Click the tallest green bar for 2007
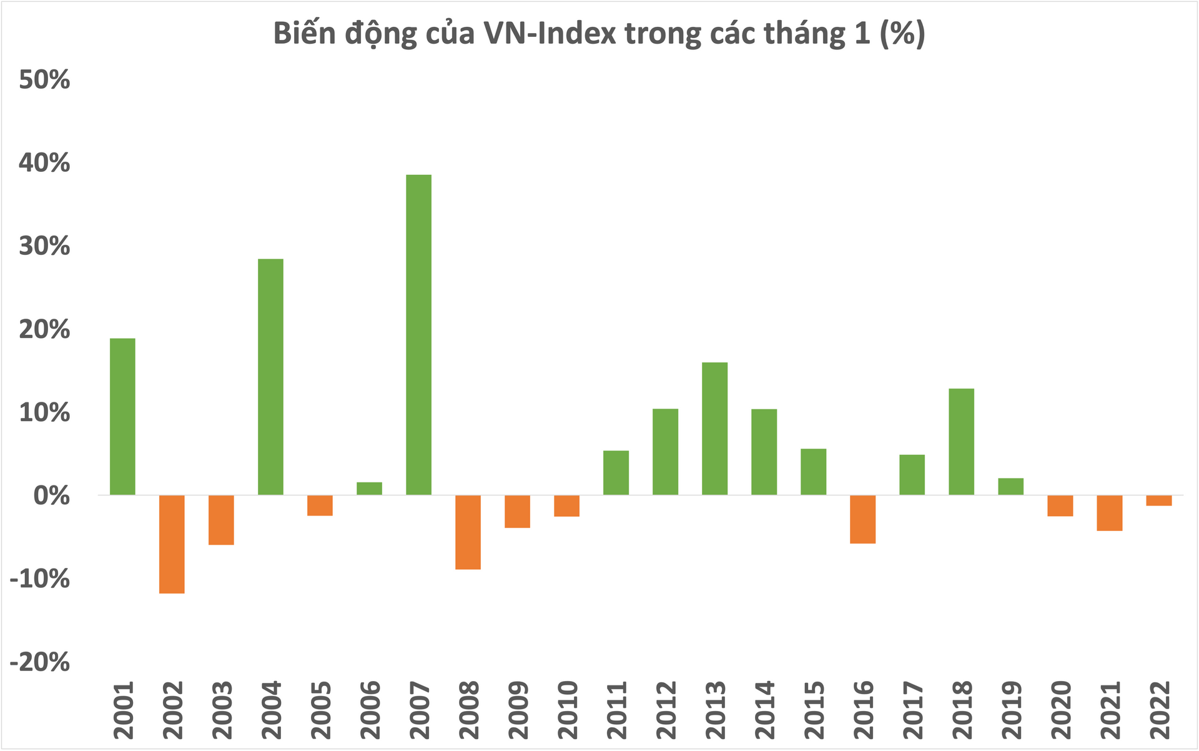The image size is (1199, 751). pyautogui.click(x=418, y=334)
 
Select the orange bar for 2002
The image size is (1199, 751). pyautogui.click(x=172, y=544)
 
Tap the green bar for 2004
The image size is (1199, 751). pyautogui.click(x=270, y=377)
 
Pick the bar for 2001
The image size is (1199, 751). pyautogui.click(x=122, y=416)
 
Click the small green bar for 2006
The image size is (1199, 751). pyautogui.click(x=369, y=489)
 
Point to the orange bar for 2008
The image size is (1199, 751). pyautogui.click(x=468, y=532)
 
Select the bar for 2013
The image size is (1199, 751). pyautogui.click(x=714, y=429)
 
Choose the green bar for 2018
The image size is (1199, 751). pyautogui.click(x=961, y=442)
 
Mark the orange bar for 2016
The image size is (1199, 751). pyautogui.click(x=862, y=519)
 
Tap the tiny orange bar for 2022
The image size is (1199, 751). pyautogui.click(x=1158, y=500)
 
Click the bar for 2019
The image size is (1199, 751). pyautogui.click(x=1010, y=487)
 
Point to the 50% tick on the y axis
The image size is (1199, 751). pyautogui.click(x=44, y=80)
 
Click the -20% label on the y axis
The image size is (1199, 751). pyautogui.click(x=39, y=662)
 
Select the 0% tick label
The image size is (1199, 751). pyautogui.click(x=51, y=496)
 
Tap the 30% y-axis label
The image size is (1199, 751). pyautogui.click(x=44, y=246)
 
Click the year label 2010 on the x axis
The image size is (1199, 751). pyautogui.click(x=567, y=710)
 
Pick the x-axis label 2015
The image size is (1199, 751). pyautogui.click(x=814, y=710)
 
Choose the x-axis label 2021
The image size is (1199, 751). pyautogui.click(x=1110, y=710)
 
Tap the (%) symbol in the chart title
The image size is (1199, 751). pyautogui.click(x=902, y=33)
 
